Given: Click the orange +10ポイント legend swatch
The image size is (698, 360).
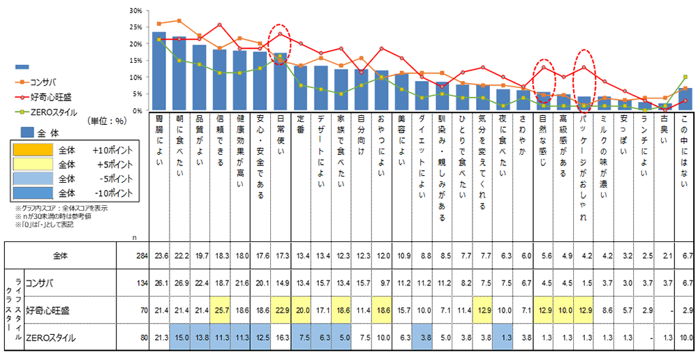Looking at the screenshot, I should tap(34, 150).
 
